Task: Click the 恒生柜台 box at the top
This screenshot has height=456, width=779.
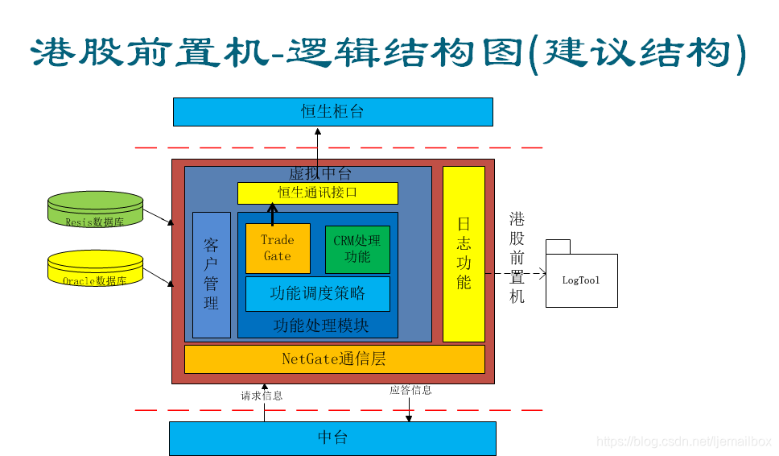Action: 332,112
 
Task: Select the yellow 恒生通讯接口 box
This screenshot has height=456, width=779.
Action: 317,193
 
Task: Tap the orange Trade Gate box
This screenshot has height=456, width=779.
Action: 278,248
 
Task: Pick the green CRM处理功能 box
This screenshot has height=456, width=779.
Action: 357,249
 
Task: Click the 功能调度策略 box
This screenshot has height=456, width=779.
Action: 317,293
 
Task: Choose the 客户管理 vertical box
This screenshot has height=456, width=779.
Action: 211,274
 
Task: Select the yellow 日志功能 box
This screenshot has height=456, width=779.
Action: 464,254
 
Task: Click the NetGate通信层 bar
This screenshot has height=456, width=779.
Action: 334,359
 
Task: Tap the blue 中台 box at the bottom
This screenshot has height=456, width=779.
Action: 332,438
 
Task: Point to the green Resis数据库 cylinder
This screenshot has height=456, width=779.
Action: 95,210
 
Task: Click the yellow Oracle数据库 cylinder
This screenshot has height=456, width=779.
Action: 95,270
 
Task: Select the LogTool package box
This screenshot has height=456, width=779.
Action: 581,279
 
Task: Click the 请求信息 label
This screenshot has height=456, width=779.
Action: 262,396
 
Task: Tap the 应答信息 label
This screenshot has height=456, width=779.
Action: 410,390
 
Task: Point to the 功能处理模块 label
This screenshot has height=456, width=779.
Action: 321,325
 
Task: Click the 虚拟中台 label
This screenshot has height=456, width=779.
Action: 319,174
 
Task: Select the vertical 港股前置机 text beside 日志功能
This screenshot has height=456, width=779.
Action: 517,258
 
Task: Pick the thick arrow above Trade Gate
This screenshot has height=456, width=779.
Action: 272,214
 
